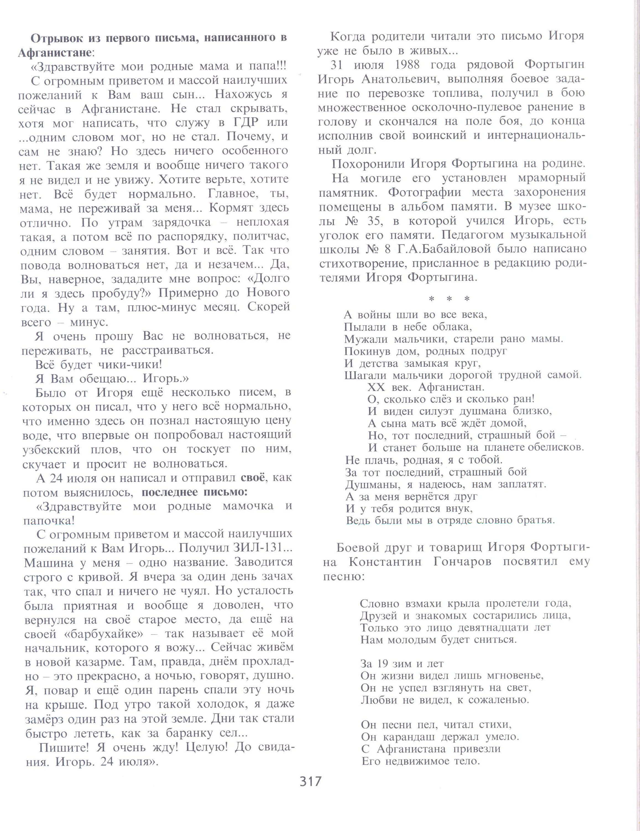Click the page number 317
pyautogui.click(x=311, y=782)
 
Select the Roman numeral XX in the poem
pyautogui.click(x=376, y=387)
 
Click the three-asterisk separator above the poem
pyautogui.click(x=449, y=299)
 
